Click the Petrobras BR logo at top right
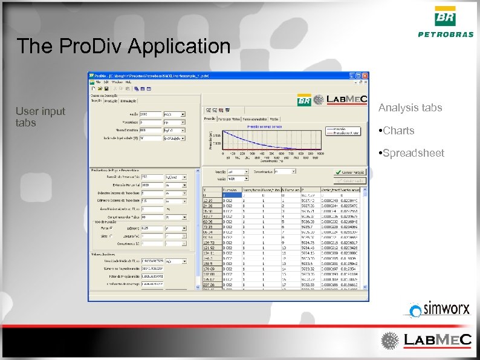(446, 21)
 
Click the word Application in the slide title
(180, 46)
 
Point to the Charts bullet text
(398, 130)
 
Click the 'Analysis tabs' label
(410, 108)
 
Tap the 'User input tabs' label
(40, 117)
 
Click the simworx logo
(439, 309)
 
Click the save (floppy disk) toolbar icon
(106, 88)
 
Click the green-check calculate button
(350, 172)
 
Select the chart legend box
(343, 130)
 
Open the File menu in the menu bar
(97, 81)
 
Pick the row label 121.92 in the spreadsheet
(209, 247)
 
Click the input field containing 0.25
(151, 228)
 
